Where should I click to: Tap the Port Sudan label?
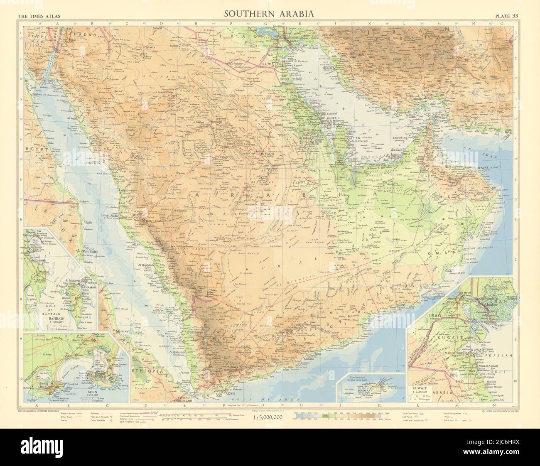tap(92, 251)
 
